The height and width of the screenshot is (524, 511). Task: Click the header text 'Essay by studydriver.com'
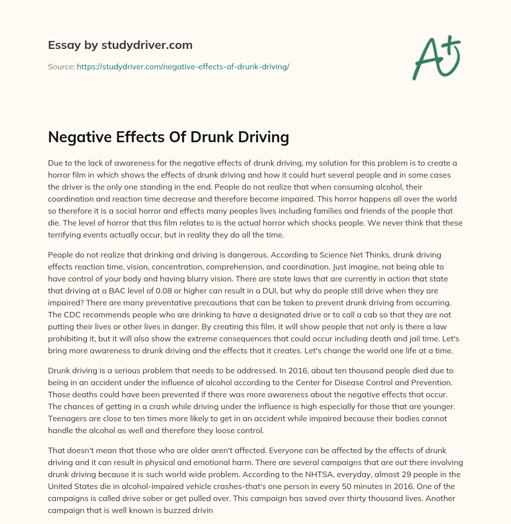click(x=120, y=45)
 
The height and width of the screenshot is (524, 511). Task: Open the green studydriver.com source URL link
click(x=183, y=66)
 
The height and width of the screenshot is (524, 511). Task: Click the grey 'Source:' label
click(x=61, y=66)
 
